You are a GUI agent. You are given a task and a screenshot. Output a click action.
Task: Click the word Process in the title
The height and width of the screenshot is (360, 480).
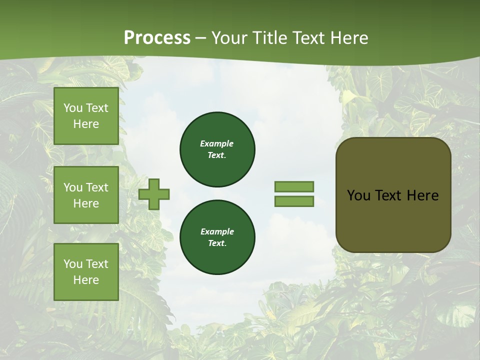point(157,38)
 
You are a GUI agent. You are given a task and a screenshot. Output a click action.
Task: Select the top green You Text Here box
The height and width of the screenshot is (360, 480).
point(86,116)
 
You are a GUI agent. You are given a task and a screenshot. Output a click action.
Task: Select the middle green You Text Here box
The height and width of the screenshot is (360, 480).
point(86,195)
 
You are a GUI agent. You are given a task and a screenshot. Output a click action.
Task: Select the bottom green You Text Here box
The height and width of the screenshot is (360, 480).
point(86,272)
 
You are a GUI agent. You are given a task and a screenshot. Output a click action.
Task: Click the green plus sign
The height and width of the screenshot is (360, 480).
point(154,194)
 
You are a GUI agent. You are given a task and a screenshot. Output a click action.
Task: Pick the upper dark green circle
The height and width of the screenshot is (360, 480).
point(217,149)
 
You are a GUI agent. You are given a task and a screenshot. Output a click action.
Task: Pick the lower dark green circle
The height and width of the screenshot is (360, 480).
point(217,237)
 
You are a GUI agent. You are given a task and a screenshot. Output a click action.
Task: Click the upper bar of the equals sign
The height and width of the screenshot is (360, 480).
point(294,186)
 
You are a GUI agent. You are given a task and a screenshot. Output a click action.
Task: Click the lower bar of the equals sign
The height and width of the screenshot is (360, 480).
point(294,201)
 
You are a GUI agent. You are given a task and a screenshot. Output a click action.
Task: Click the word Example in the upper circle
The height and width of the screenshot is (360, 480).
point(217,143)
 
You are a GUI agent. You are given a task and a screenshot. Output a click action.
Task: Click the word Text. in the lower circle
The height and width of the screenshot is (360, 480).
point(217,243)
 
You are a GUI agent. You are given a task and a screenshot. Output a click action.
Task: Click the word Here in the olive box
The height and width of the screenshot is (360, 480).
point(422,195)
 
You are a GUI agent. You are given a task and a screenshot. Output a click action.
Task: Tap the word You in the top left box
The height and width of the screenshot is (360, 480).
point(73,108)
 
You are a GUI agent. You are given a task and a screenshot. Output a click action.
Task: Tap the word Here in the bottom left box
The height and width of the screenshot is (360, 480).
point(86,280)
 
